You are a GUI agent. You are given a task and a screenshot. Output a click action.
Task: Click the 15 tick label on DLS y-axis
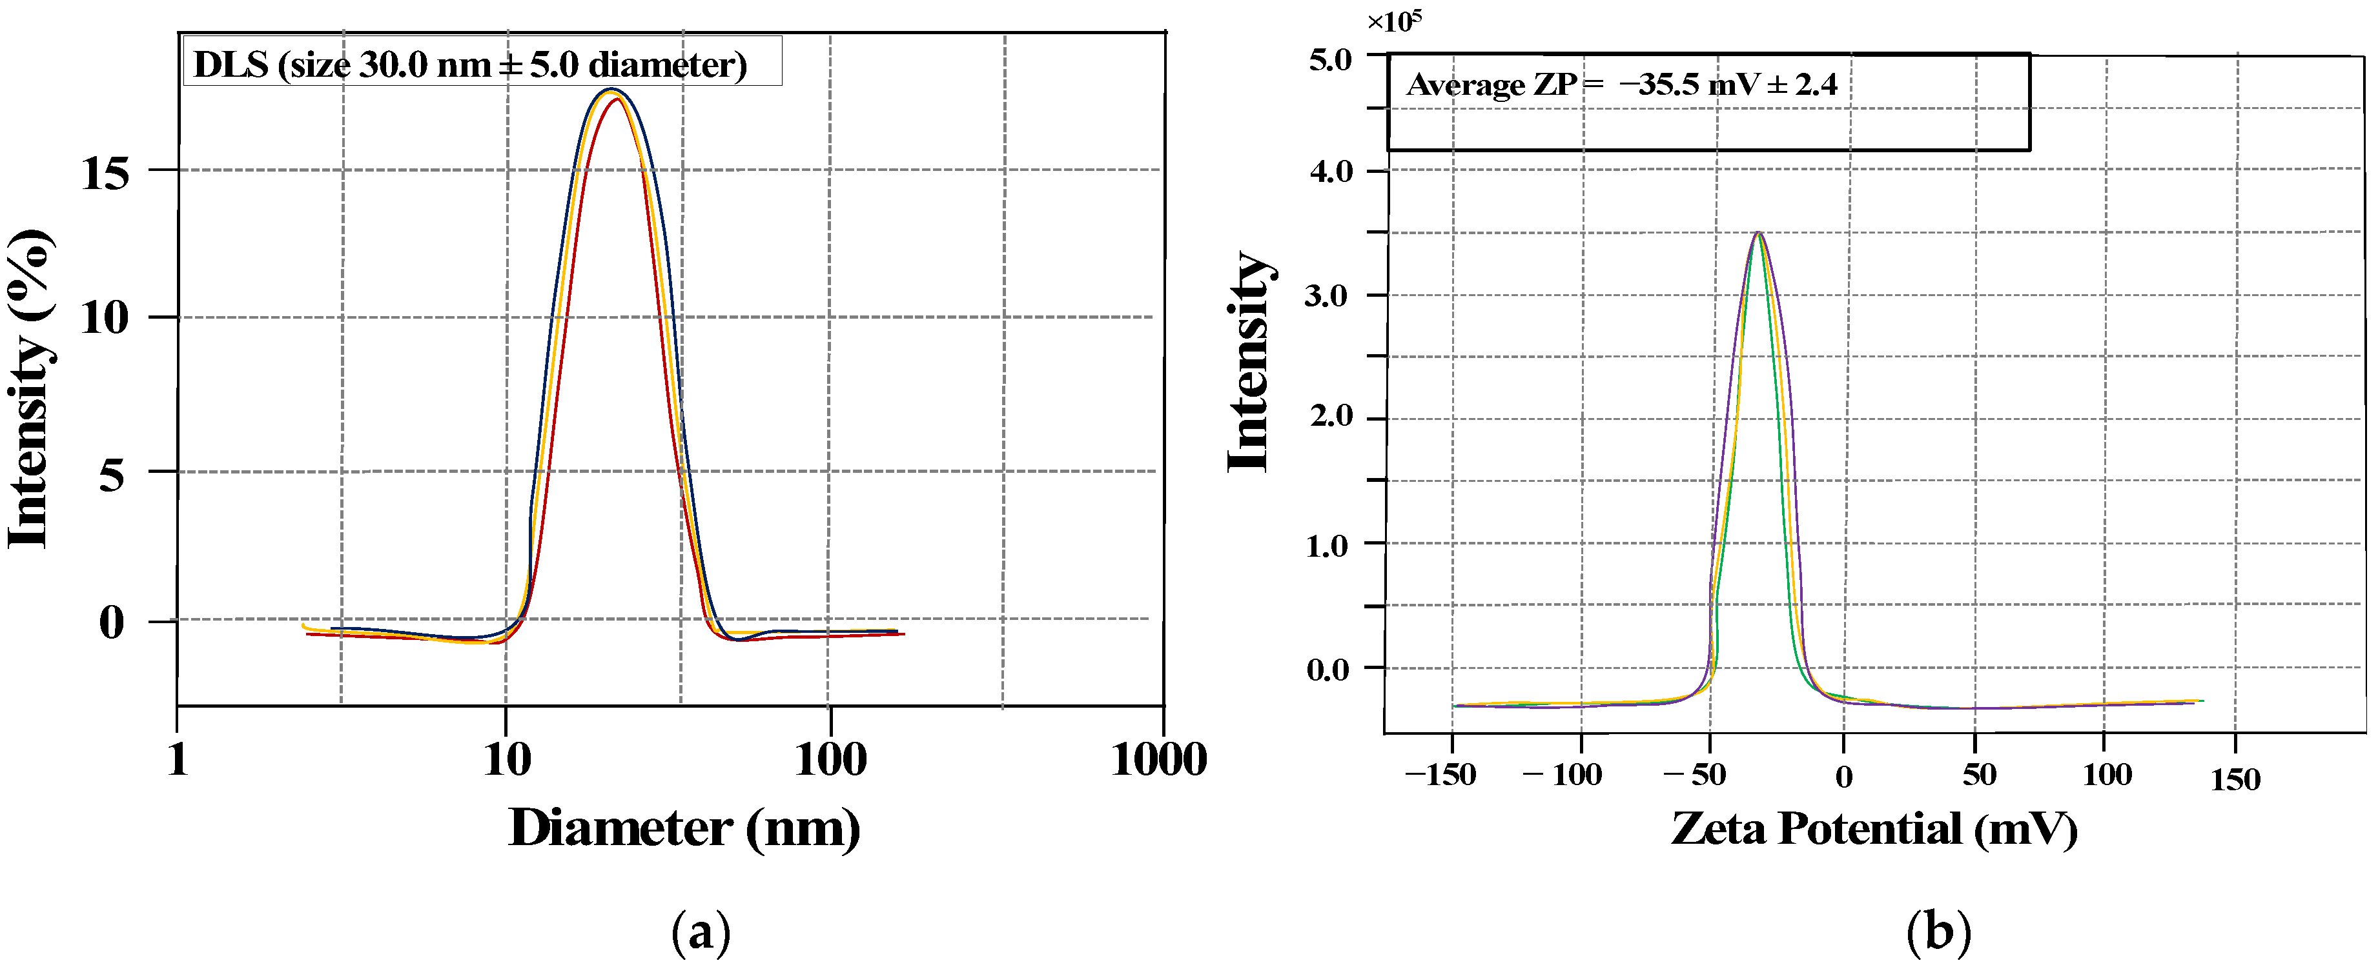click(105, 172)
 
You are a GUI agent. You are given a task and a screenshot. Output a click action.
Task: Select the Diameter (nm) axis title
click(684, 828)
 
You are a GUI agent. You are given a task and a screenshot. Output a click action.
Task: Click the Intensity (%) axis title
click(30, 390)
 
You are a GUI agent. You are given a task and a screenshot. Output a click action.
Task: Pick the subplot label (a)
click(701, 933)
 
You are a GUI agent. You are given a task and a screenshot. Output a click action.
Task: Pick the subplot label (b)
click(1938, 933)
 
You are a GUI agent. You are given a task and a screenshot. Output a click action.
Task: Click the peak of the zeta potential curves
click(1759, 234)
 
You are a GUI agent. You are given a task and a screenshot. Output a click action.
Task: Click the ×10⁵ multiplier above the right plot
click(1394, 20)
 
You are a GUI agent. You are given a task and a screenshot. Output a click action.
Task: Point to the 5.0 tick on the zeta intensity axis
click(1330, 60)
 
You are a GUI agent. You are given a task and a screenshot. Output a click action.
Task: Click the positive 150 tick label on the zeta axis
click(2235, 780)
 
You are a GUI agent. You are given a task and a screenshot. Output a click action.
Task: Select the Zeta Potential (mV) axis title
click(1874, 828)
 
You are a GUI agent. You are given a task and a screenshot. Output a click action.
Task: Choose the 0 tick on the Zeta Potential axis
click(1843, 777)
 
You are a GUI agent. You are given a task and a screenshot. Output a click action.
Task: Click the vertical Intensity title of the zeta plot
click(1250, 362)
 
